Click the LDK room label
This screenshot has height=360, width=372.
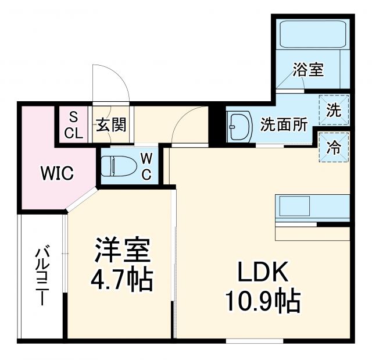pyautogui.click(x=261, y=273)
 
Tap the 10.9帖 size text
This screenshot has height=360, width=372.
pyautogui.click(x=262, y=301)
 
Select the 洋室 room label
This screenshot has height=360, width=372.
pyautogui.click(x=123, y=252)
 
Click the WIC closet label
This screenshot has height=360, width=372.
pyautogui.click(x=56, y=173)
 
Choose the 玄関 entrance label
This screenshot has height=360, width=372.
pyautogui.click(x=111, y=124)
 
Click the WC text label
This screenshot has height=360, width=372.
pyautogui.click(x=146, y=166)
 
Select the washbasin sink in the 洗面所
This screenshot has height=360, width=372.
pyautogui.click(x=239, y=124)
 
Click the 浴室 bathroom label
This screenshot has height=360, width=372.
pyautogui.click(x=307, y=70)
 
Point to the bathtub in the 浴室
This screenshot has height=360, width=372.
pyautogui.click(x=313, y=34)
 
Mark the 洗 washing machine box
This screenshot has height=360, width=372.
pyautogui.click(x=333, y=109)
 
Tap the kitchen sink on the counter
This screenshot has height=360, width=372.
pyautogui.click(x=297, y=206)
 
